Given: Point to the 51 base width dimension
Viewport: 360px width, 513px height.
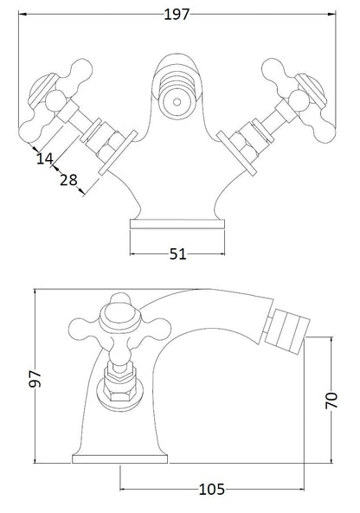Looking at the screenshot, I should tap(177, 254).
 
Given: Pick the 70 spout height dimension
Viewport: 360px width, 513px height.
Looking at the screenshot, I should tap(331, 400).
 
